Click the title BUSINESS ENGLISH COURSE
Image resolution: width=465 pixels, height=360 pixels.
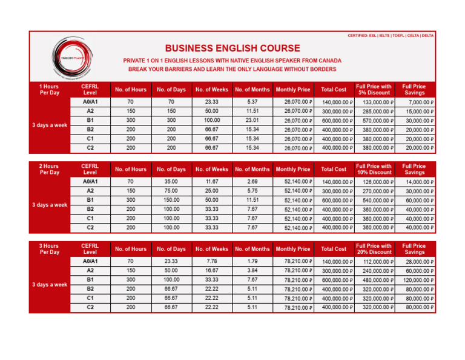point(232,48)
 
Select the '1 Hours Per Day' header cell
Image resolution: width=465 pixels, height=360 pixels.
point(49,90)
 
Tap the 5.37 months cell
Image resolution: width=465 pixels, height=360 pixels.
point(252,102)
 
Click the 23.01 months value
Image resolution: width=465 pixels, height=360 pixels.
point(252,120)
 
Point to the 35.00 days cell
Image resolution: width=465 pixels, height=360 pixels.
point(170,181)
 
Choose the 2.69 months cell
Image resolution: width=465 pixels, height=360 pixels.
point(252,181)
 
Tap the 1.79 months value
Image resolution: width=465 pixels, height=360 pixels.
point(252,261)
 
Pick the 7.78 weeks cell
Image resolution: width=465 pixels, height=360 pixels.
point(211,261)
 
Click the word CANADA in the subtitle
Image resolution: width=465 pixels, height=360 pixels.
point(329,61)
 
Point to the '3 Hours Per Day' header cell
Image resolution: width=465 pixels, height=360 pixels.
point(49,248)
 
